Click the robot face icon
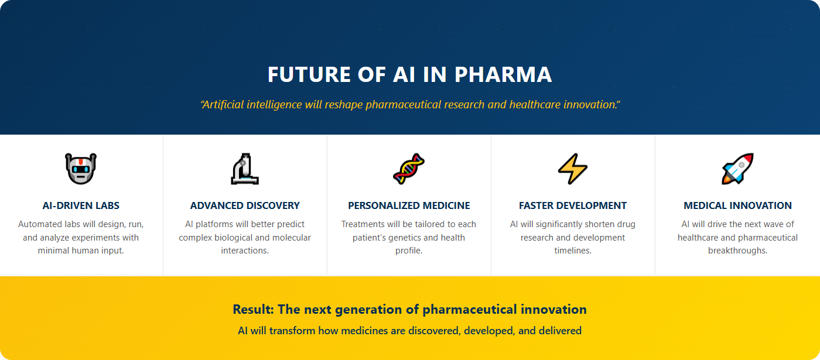tap(81, 169)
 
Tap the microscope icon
tap(245, 169)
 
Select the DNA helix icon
tap(409, 169)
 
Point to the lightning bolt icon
tap(572, 169)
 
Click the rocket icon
tap(737, 169)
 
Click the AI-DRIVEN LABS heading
tap(81, 205)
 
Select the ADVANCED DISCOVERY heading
tap(245, 205)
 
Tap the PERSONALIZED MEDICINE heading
tap(409, 205)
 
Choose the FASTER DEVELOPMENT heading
tap(573, 205)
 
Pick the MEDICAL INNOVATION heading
tap(737, 205)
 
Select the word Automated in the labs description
tap(39, 224)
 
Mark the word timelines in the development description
tap(573, 251)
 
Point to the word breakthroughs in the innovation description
tap(737, 251)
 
